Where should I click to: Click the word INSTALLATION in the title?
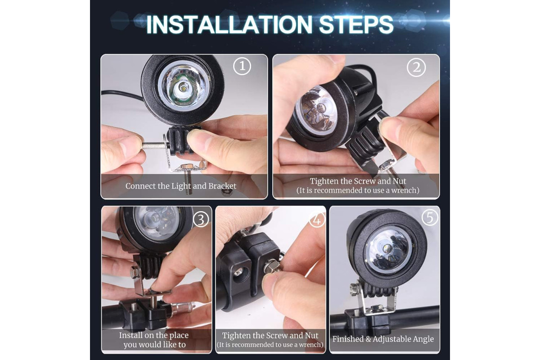coord(229,25)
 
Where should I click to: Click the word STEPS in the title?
coord(356,25)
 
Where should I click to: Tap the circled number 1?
coord(242,66)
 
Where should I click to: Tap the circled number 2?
coord(416,67)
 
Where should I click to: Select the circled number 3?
coord(201,220)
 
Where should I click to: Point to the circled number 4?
coord(317,220)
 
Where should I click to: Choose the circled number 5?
coord(430,218)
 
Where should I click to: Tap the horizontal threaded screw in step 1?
coord(154,145)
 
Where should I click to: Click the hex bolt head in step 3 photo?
coord(135,273)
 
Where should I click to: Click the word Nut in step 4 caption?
coord(312,335)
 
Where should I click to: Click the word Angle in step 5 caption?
coord(423,339)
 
